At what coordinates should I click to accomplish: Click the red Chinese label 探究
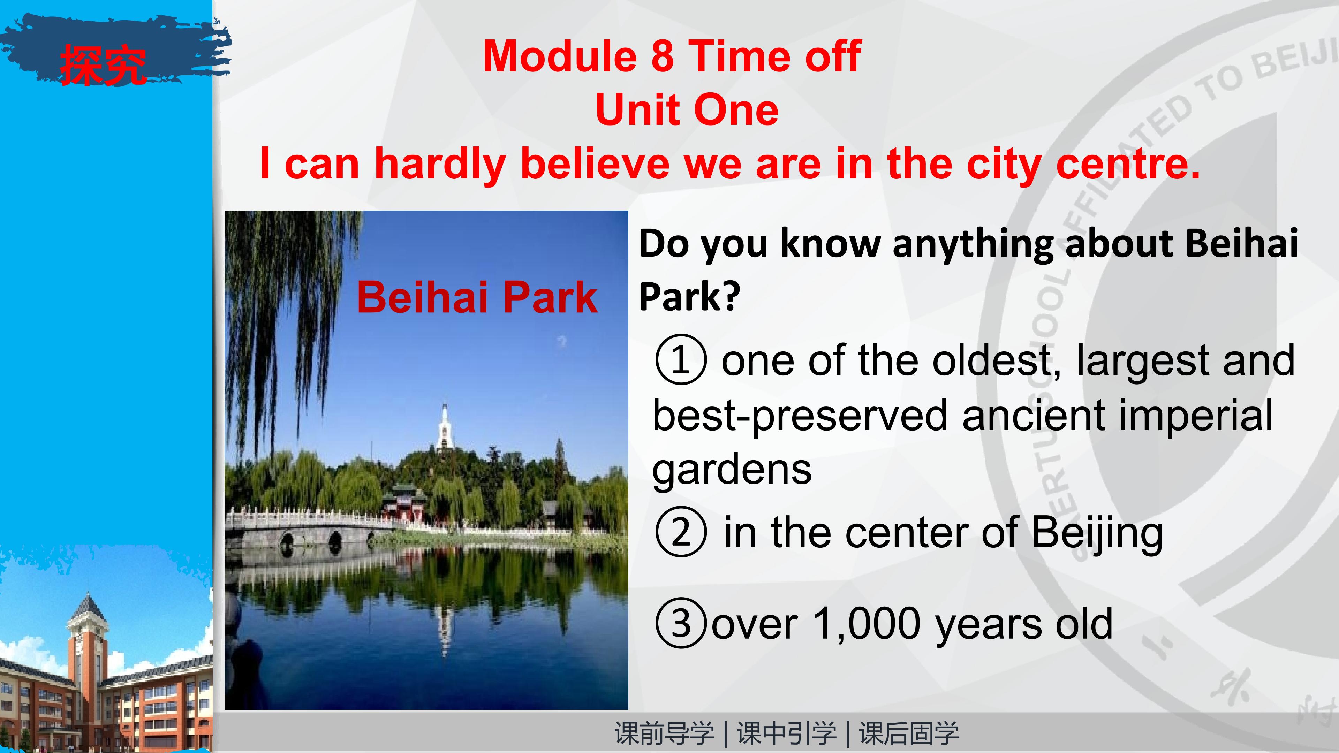click(103, 64)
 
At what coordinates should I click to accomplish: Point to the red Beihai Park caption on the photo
click(477, 297)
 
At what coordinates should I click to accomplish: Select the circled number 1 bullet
click(681, 360)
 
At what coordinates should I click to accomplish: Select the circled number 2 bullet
click(681, 532)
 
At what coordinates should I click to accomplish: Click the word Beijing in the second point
click(1097, 534)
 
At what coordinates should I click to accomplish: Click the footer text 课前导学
click(664, 733)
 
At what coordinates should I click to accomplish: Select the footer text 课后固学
click(909, 733)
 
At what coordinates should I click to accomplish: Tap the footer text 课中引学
click(786, 733)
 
